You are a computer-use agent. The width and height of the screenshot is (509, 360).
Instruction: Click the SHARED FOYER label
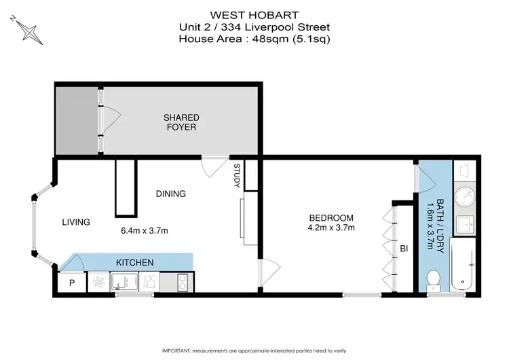pyautogui.click(x=181, y=122)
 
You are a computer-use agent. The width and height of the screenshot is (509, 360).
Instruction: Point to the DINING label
pyautogui.click(x=170, y=194)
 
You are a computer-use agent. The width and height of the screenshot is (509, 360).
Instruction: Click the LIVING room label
pyautogui.click(x=77, y=221)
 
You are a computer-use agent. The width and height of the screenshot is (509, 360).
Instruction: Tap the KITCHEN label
pyautogui.click(x=134, y=262)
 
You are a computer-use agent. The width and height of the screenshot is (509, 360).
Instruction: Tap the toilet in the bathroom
pyautogui.click(x=433, y=278)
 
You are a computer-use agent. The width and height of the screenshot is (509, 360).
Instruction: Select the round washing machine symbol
pyautogui.click(x=466, y=197)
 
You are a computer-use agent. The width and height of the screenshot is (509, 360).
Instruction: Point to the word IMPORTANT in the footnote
pyautogui.click(x=181, y=350)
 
